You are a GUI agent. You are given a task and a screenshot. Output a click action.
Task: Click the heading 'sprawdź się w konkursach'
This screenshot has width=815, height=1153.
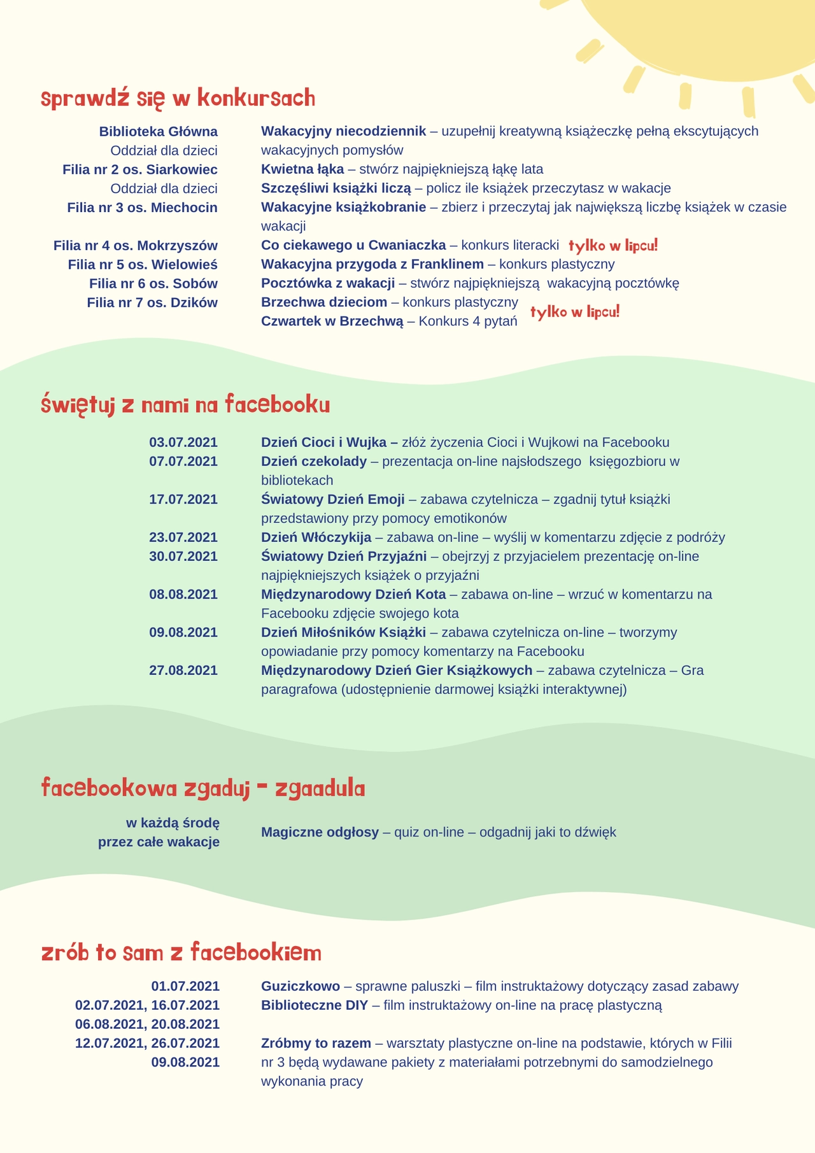pyautogui.click(x=178, y=99)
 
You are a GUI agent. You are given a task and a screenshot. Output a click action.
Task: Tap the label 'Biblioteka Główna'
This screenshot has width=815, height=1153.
pyautogui.click(x=158, y=132)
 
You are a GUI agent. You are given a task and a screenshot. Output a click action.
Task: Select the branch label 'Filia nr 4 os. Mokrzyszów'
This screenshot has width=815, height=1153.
pyautogui.click(x=136, y=246)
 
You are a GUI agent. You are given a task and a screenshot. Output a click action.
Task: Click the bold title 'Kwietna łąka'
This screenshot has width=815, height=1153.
pyautogui.click(x=302, y=169)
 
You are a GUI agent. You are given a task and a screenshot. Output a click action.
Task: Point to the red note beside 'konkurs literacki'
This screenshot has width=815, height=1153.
pyautogui.click(x=613, y=246)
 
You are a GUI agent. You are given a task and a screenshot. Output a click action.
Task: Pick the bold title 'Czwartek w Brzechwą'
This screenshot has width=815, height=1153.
pyautogui.click(x=332, y=322)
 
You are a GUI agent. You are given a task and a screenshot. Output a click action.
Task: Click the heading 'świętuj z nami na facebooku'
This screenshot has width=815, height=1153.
pyautogui.click(x=185, y=406)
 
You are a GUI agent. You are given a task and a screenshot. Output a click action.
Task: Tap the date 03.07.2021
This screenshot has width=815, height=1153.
pyautogui.click(x=183, y=442)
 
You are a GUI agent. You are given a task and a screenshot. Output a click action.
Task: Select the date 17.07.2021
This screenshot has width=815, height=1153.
pyautogui.click(x=183, y=499)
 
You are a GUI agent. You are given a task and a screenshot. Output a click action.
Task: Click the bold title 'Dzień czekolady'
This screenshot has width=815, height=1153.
pyautogui.click(x=314, y=462)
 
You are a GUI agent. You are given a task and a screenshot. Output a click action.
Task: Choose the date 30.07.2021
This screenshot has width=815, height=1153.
pyautogui.click(x=183, y=556)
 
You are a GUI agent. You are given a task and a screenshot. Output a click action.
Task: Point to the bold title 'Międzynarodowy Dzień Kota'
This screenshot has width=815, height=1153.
pyautogui.click(x=353, y=595)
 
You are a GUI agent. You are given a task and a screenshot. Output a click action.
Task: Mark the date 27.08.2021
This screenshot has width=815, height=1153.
pyautogui.click(x=183, y=670)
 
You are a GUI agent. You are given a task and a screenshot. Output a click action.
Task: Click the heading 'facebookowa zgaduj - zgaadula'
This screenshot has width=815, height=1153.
pyautogui.click(x=203, y=788)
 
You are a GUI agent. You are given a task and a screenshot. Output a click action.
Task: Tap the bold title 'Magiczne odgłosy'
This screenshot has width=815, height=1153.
pyautogui.click(x=320, y=832)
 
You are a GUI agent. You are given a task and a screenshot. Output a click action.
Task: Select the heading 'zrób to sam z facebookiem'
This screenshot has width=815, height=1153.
pyautogui.click(x=181, y=952)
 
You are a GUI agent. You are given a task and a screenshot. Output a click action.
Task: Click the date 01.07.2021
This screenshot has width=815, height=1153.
pyautogui.click(x=185, y=987)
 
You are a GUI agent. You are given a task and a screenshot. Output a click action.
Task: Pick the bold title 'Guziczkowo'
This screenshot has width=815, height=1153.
pyautogui.click(x=301, y=987)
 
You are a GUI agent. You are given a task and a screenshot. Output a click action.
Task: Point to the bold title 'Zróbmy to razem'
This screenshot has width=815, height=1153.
pyautogui.click(x=316, y=1043)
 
